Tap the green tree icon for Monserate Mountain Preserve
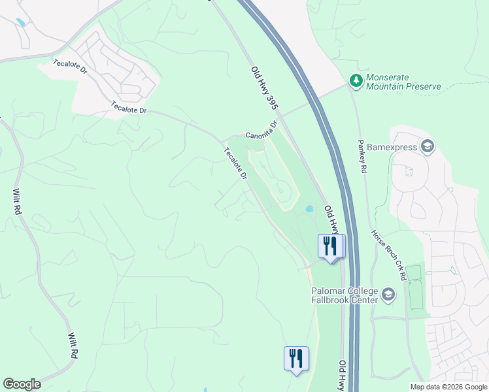tap(356, 80)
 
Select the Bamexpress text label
tap(392, 147)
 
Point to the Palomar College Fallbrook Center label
tap(345, 295)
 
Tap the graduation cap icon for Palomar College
tap(389, 295)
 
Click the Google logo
tap(22, 384)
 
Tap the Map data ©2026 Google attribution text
tap(448, 387)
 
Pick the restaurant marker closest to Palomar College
tap(329, 246)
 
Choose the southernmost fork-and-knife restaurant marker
tap(296, 358)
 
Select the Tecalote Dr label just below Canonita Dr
tap(235, 164)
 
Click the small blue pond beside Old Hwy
tap(309, 210)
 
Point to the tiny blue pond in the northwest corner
tap(21, 23)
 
